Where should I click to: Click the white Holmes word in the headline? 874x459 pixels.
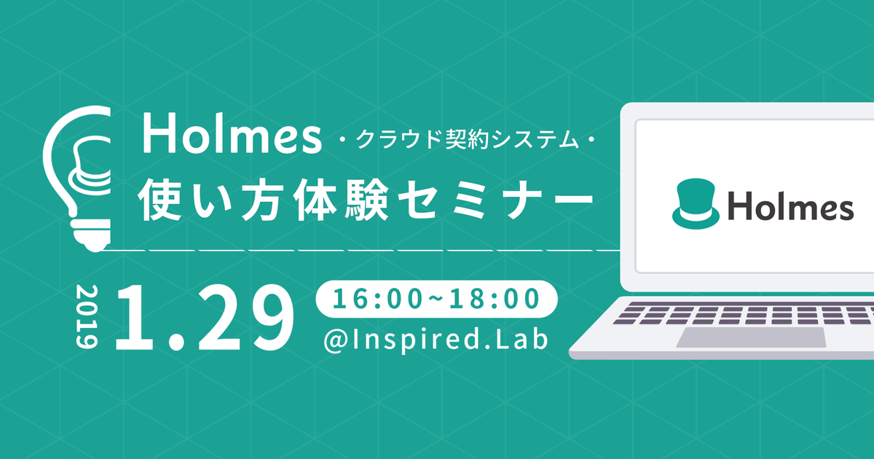[x=232, y=134]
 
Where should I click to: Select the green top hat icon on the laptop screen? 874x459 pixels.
[x=696, y=204]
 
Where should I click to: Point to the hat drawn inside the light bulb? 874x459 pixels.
[x=90, y=165]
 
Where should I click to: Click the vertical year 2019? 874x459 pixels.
[x=87, y=316]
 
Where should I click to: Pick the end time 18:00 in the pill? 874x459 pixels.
[x=495, y=299]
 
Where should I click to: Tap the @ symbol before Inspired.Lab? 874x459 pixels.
[x=336, y=340]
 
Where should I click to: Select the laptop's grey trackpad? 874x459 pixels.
[x=752, y=337]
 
